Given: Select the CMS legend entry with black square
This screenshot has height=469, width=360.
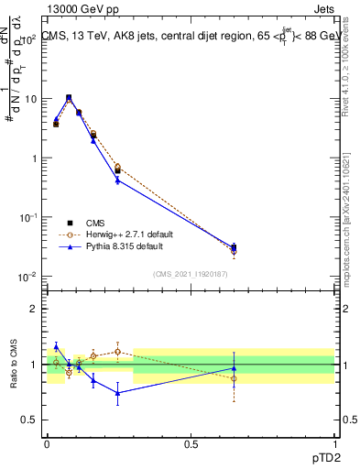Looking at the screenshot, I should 95,223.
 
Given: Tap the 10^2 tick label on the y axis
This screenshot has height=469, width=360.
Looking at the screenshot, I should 29,40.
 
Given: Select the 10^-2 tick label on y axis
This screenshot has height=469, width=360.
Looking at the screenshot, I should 28,277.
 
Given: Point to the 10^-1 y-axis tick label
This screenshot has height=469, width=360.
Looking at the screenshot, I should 28,217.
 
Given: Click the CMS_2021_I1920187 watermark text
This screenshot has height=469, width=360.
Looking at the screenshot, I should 191,274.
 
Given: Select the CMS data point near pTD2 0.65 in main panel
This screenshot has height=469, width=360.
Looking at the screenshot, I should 234,246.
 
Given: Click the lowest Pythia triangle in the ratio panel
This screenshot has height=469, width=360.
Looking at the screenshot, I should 117,393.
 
